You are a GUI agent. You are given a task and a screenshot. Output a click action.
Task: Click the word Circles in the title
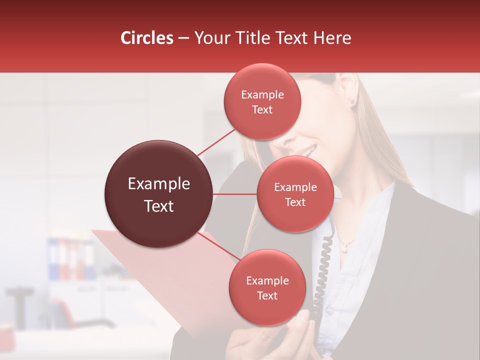point(147,38)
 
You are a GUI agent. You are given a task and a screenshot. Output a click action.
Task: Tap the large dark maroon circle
point(158,194)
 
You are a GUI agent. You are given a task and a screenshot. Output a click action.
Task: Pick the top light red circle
point(262,101)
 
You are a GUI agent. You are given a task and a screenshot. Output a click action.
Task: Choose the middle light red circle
point(295,194)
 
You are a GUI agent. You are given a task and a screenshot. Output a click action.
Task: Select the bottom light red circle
point(267,287)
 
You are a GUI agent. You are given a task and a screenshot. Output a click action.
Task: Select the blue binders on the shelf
point(52,259)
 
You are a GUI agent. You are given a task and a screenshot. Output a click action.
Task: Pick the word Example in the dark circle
point(158,184)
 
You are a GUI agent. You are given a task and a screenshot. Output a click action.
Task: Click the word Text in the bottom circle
point(267,295)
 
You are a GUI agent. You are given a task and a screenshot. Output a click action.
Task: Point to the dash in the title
point(183,38)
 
